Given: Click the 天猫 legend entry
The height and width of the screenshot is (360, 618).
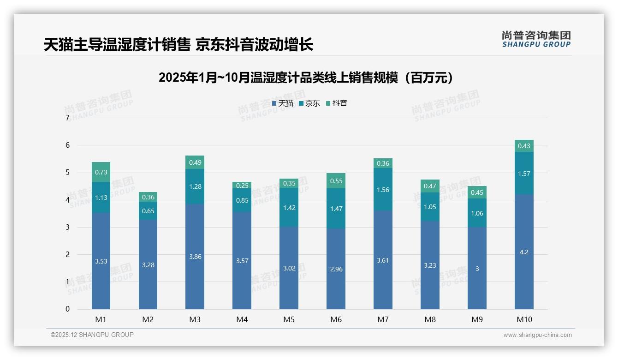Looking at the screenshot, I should pos(283,103).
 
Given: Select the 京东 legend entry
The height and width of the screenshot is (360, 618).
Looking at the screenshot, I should pos(309,103).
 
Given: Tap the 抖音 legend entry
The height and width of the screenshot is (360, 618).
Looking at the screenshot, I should pos(337,103).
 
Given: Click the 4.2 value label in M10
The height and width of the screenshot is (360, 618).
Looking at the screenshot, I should pos(524,252).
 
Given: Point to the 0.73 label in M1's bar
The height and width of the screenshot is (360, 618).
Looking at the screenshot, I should pos(101,172).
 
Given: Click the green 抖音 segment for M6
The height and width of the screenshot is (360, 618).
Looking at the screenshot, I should pos(336,181).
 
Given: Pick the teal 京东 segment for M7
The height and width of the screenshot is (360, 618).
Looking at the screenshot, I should pos(383,189).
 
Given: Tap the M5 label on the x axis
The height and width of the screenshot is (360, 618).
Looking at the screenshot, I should pos(289,319).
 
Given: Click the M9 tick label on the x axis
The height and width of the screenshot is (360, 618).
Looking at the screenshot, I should pos(477,319).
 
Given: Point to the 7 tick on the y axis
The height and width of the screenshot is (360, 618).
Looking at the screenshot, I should pos(67,118).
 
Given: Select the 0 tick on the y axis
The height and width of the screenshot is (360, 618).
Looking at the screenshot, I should pos(67,309).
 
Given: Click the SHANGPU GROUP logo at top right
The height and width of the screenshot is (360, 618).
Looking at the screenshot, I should pos(536,39).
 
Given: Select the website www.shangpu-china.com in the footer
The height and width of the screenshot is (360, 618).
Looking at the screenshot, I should pos(537,335).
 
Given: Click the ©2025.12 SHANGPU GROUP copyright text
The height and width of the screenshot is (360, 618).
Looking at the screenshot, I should pos(92,335).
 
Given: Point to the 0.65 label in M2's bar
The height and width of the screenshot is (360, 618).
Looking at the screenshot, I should pos(148,211).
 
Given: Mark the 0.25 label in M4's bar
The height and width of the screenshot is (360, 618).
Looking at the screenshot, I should pos(242,186).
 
